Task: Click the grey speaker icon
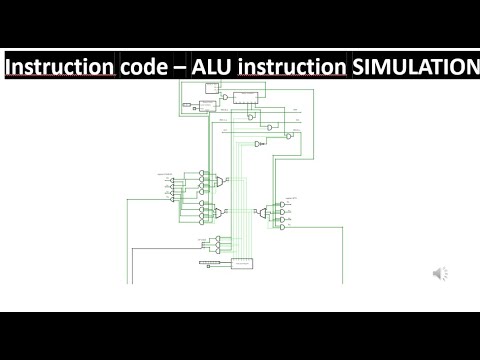[x=440, y=272]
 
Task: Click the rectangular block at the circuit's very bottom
[x=243, y=262]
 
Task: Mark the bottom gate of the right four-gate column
[x=283, y=227]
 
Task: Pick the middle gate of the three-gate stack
[x=271, y=127]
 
